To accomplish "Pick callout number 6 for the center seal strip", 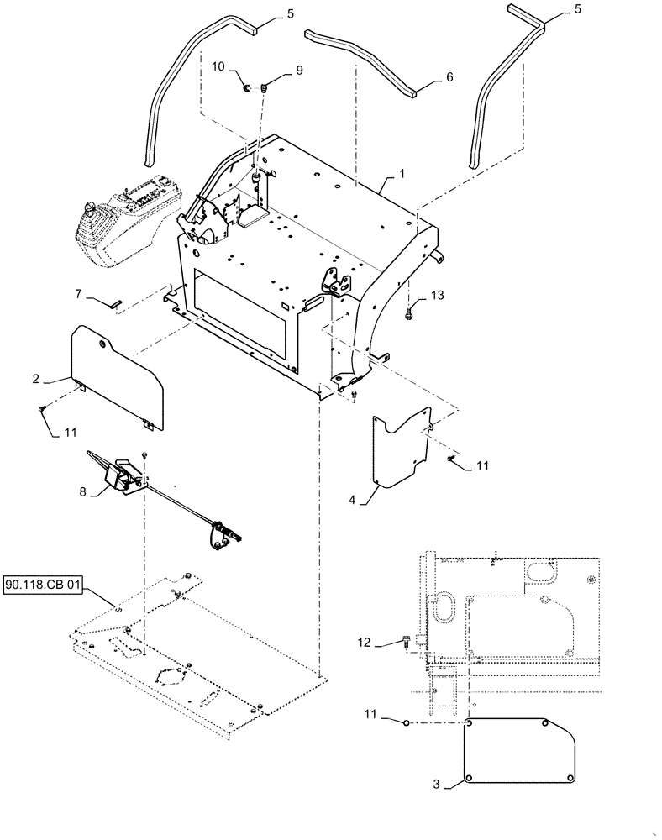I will (449, 76).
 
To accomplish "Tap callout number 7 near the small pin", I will (79, 295).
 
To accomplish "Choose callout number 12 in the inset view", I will (363, 643).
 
